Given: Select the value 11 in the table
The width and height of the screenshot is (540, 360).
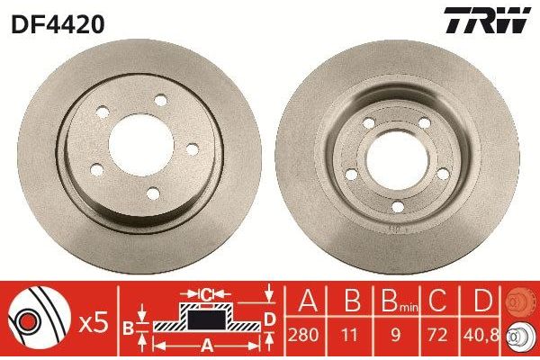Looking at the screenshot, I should pyautogui.click(x=353, y=333).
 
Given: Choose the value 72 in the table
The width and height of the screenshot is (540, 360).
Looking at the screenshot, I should pyautogui.click(x=441, y=333).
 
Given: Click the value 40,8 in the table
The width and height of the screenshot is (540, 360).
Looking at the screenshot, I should pyautogui.click(x=485, y=333).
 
